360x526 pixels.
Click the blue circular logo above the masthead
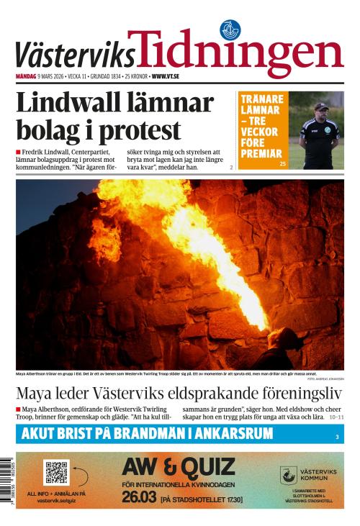tap(230, 30)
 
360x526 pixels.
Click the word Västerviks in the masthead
tap(75, 53)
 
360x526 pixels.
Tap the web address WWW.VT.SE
tap(166, 76)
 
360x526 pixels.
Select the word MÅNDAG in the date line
tap(28, 76)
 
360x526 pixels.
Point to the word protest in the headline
tap(140, 131)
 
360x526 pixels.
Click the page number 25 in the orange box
tap(283, 165)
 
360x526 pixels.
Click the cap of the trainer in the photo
tap(321, 106)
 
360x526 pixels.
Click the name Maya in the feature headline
tap(36, 394)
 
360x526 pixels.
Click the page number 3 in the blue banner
tap(336, 437)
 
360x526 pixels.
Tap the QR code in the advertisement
tap(55, 473)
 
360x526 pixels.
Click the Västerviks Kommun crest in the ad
tap(288, 475)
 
